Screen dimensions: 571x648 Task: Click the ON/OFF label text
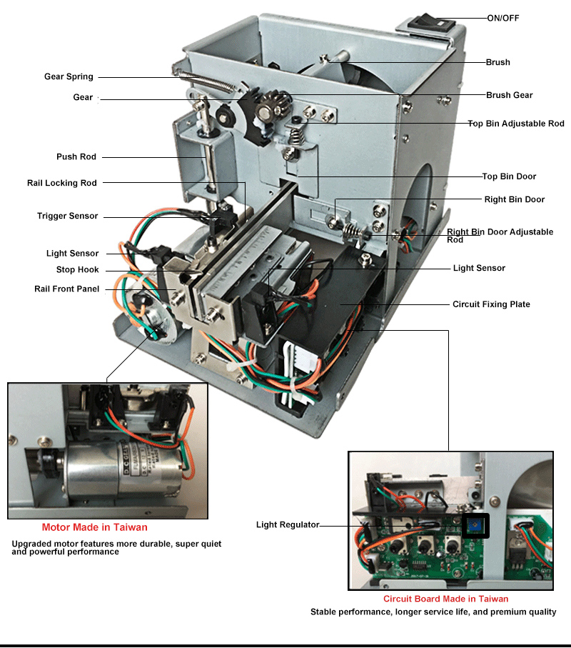(503, 18)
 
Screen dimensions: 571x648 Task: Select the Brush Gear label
(509, 95)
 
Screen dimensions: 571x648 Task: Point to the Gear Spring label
(69, 76)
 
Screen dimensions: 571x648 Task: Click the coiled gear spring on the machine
(208, 81)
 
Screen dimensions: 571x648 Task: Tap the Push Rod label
(76, 156)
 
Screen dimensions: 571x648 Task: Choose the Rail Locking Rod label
(62, 183)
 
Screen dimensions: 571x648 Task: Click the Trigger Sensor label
(67, 216)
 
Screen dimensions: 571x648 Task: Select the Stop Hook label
(78, 270)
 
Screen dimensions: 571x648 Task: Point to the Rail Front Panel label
(66, 289)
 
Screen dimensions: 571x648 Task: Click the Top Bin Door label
(509, 176)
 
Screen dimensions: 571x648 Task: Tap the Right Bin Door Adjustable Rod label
(500, 236)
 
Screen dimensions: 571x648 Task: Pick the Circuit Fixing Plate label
(491, 304)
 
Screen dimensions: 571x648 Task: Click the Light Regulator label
(288, 524)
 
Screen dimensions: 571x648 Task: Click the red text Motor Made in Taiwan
(94, 527)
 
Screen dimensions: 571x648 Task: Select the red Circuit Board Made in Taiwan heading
(445, 599)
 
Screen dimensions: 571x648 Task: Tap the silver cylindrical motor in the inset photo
(124, 470)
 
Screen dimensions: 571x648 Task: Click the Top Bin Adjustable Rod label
(516, 124)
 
